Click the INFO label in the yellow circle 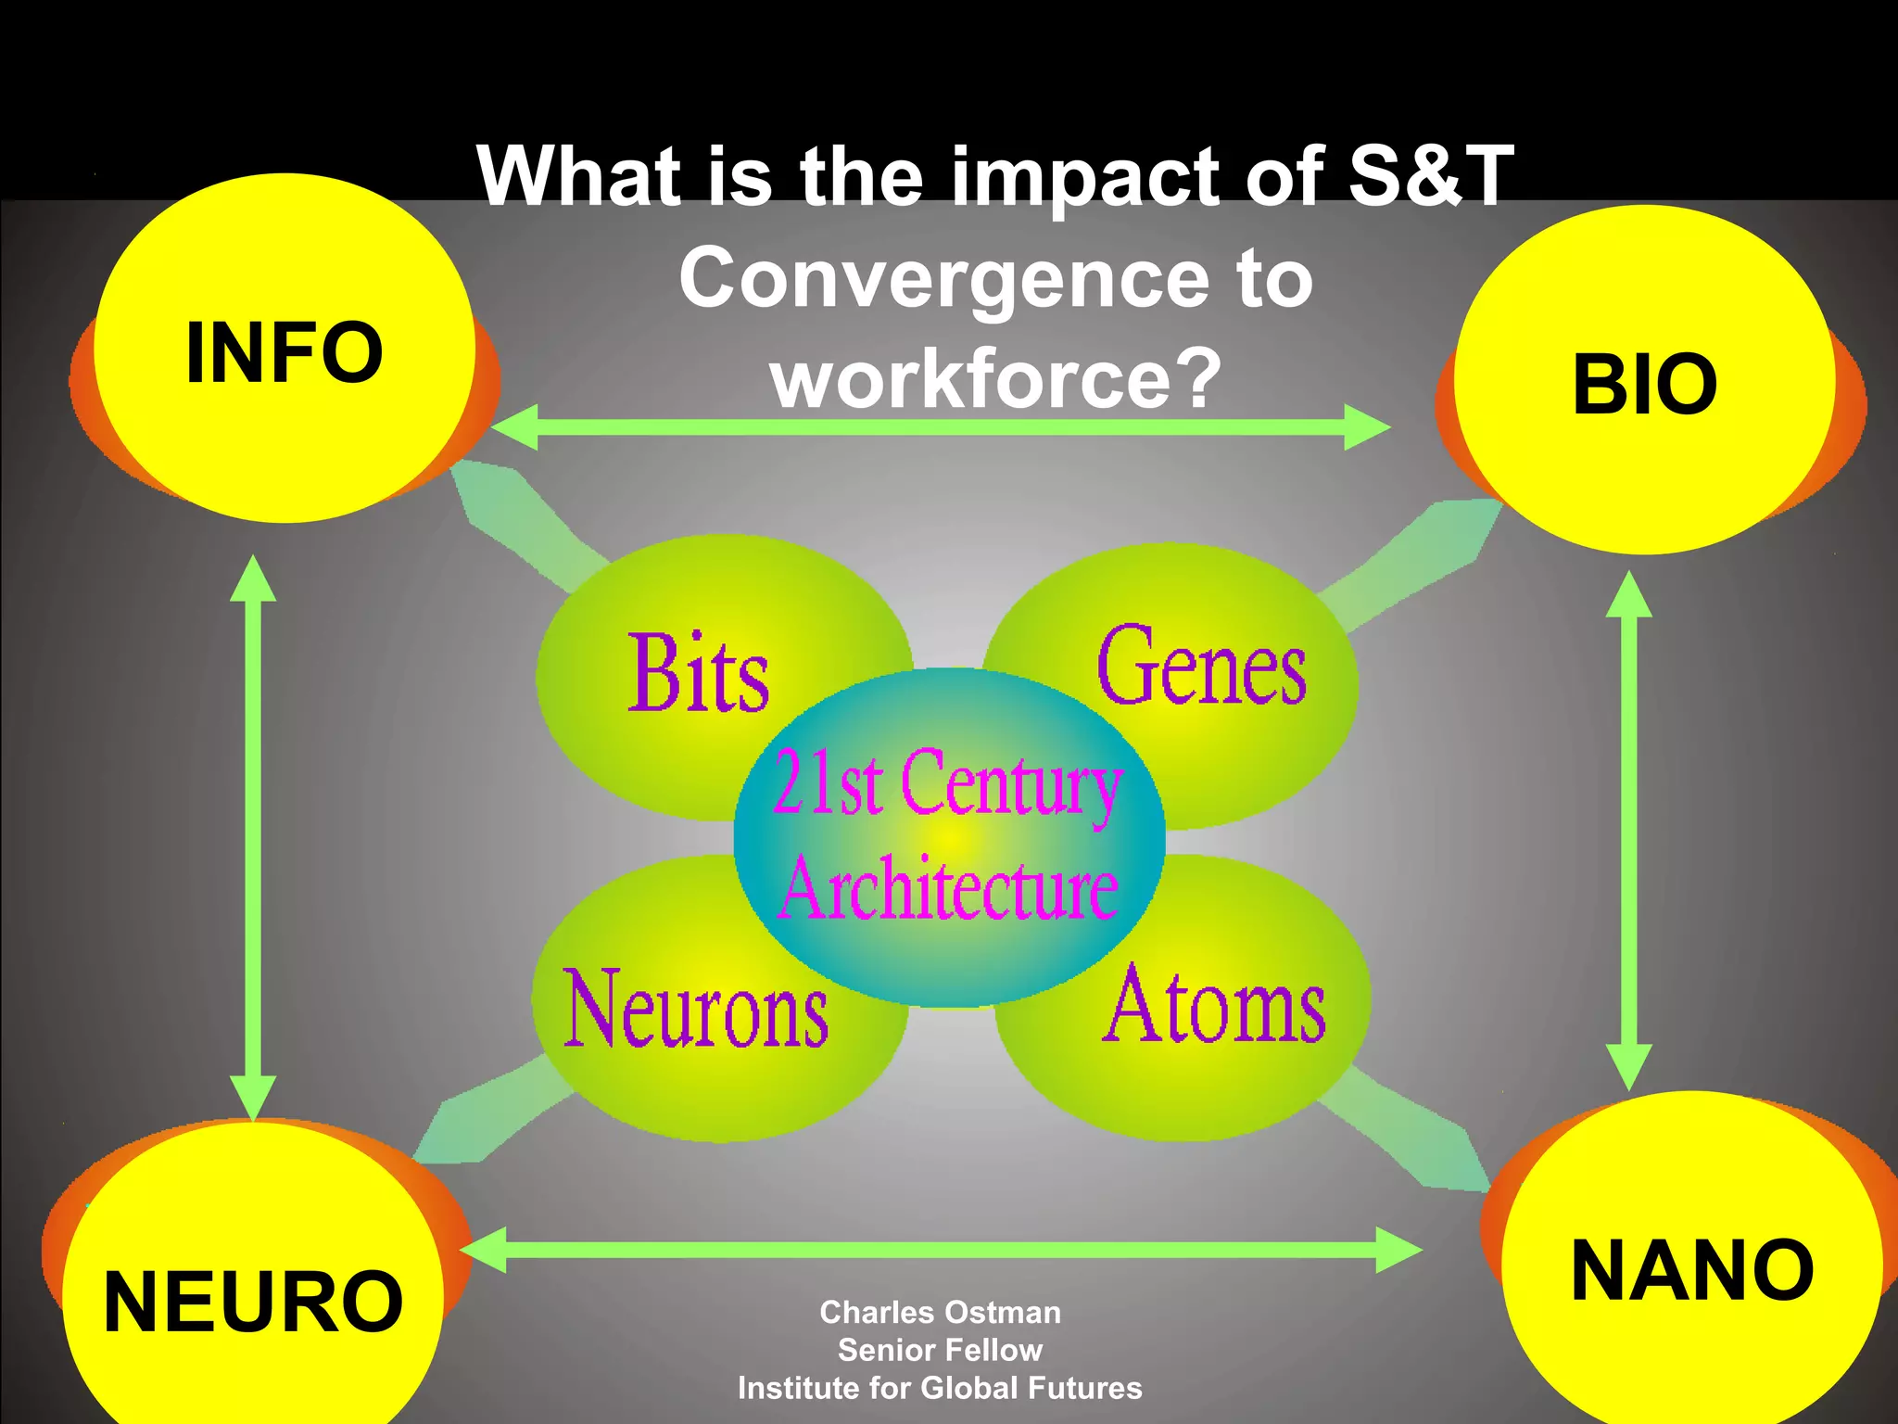(x=285, y=352)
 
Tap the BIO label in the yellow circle (x=1645, y=384)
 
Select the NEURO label (x=253, y=1302)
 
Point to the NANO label (x=1692, y=1270)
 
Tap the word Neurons (x=695, y=1009)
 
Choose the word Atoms (x=1214, y=1005)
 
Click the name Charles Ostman (x=940, y=1313)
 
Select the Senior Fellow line (x=940, y=1350)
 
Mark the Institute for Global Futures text (x=940, y=1388)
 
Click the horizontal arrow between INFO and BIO (x=940, y=427)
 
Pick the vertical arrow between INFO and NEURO (x=253, y=834)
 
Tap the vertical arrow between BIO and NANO (x=1628, y=830)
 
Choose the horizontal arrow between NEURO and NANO (x=940, y=1250)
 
